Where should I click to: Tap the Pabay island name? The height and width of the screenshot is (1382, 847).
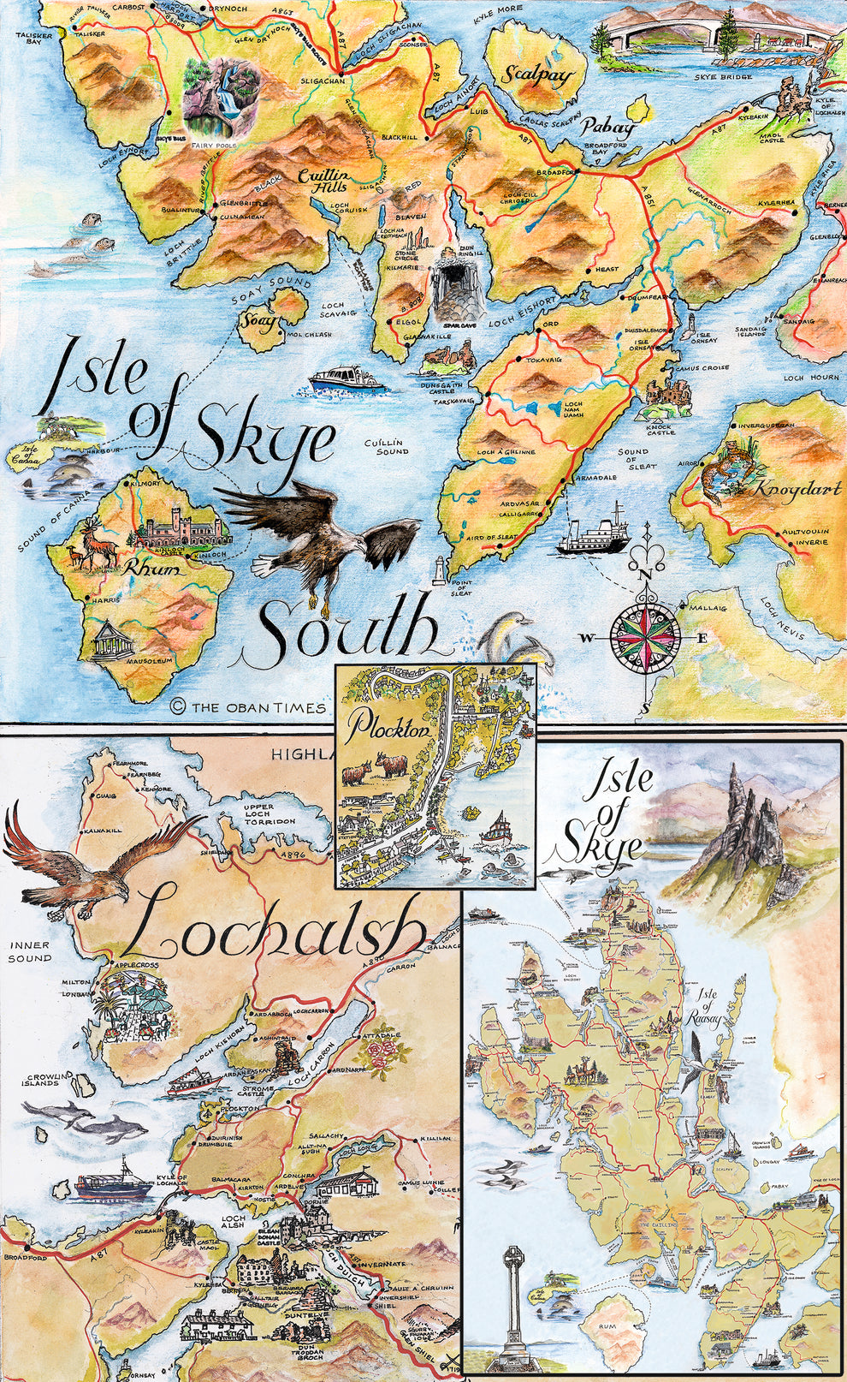pos(609,128)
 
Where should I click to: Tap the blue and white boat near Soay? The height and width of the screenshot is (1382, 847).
pos(346,379)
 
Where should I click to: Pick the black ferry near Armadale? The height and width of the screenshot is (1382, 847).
pos(591,533)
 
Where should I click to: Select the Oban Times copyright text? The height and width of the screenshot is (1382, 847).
pos(248,707)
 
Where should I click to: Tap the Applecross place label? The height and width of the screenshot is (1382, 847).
pos(137,964)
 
